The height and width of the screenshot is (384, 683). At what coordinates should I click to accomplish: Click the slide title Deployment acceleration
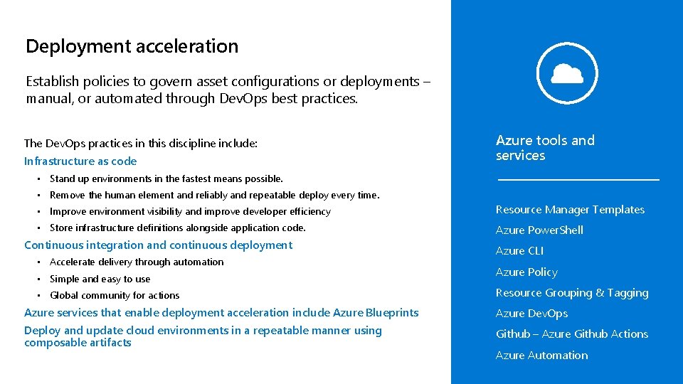click(x=132, y=47)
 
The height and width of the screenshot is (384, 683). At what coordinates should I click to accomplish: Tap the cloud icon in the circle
click(x=567, y=73)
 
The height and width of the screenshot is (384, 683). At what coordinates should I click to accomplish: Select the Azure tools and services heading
click(x=545, y=148)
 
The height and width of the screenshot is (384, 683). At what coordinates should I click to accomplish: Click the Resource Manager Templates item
click(x=570, y=210)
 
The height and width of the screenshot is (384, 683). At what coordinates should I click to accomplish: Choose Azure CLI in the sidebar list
click(x=519, y=251)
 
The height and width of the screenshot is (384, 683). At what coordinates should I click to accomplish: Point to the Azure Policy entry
click(x=526, y=272)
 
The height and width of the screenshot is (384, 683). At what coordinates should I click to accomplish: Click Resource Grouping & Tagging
click(x=572, y=293)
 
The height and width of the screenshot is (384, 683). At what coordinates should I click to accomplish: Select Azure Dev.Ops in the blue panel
click(x=531, y=314)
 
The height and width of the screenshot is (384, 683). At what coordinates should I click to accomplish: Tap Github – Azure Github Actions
click(x=572, y=334)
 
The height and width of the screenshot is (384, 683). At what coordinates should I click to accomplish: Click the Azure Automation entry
click(x=541, y=356)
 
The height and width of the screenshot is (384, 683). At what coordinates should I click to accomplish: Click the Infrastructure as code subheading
click(x=80, y=161)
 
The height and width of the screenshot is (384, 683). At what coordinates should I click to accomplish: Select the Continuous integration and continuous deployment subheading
click(x=158, y=245)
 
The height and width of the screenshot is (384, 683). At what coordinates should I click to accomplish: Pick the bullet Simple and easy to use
click(x=100, y=279)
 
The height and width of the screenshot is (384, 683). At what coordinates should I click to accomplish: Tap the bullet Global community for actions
click(x=115, y=296)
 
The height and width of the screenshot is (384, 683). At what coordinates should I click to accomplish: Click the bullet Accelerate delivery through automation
click(x=137, y=262)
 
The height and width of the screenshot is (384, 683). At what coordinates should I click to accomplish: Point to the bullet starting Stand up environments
click(x=166, y=179)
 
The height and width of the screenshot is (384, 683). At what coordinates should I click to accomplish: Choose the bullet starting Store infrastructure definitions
click(x=177, y=228)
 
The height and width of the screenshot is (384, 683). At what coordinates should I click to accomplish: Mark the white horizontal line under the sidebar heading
click(x=578, y=180)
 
